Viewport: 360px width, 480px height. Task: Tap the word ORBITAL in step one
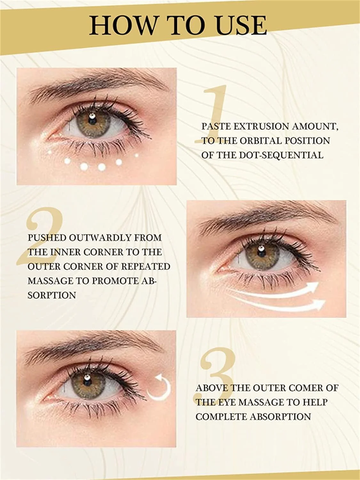click(260, 141)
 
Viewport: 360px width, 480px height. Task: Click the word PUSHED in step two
click(47, 238)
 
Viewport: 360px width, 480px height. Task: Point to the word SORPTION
click(52, 295)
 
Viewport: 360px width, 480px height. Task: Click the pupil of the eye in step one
click(92, 120)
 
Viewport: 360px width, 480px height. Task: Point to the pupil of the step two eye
click(260, 253)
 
